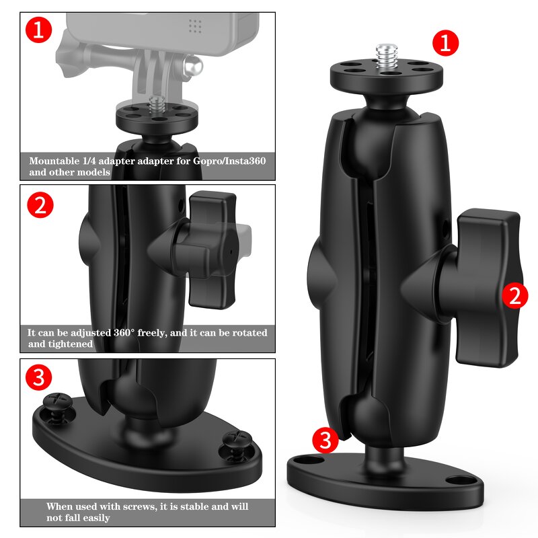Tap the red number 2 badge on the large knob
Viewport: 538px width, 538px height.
pyautogui.click(x=514, y=296)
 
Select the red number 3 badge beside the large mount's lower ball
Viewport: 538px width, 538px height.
pyautogui.click(x=325, y=440)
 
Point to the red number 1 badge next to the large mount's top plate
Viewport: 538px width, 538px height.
pyautogui.click(x=445, y=43)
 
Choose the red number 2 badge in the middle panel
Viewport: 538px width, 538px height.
pyautogui.click(x=40, y=205)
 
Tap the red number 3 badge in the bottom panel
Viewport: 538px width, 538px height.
pyautogui.click(x=38, y=378)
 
